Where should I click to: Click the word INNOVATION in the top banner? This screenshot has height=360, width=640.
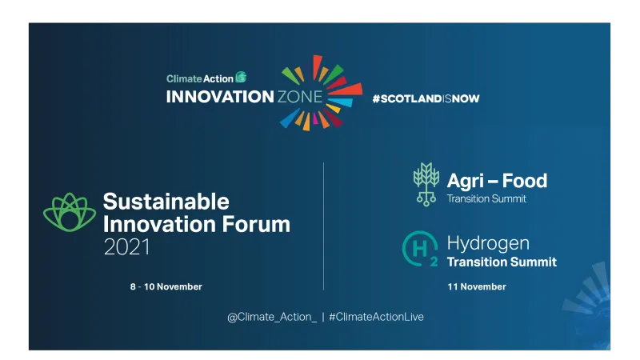(x=219, y=97)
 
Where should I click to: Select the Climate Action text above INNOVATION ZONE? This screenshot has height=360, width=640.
(x=200, y=78)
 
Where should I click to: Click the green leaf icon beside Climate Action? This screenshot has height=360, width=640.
(x=241, y=78)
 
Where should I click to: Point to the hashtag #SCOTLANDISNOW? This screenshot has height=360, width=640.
(x=426, y=98)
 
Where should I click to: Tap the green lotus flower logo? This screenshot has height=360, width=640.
(x=69, y=214)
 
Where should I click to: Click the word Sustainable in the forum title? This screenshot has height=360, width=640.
(x=166, y=201)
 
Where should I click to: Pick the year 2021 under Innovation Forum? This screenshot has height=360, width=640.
(x=126, y=247)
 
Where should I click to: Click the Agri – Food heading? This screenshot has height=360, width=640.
(x=497, y=181)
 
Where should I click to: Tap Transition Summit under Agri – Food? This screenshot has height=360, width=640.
(x=486, y=199)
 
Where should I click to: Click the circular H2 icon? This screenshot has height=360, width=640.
(x=420, y=250)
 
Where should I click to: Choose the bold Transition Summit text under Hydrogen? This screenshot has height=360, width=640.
(x=501, y=262)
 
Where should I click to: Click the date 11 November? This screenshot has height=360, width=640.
(x=476, y=286)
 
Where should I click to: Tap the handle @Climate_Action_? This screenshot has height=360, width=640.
(x=272, y=317)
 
